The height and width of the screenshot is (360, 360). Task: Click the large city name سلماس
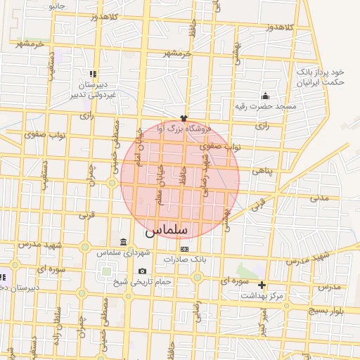click(165, 230)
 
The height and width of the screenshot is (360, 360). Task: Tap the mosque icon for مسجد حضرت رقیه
click(265, 96)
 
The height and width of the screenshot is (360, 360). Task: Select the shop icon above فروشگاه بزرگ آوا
click(184, 118)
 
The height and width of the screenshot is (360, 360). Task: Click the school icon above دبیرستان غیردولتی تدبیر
click(92, 73)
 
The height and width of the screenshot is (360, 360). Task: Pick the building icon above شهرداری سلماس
click(124, 243)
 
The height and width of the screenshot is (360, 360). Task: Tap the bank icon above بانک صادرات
click(184, 249)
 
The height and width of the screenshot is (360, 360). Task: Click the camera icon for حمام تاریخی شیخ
click(143, 271)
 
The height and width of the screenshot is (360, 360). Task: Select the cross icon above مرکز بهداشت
click(262, 285)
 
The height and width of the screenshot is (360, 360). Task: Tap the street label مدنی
click(320, 198)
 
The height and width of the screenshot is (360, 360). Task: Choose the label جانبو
click(56, 5)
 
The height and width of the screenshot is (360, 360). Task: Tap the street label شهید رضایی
click(205, 176)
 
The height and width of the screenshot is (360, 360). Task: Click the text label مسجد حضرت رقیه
click(266, 107)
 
